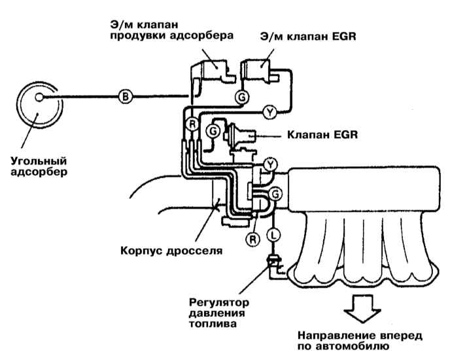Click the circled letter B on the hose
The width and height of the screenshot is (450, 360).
click(125, 96)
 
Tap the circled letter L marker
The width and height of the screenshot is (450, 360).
click(273, 236)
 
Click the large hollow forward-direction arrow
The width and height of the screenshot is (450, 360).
click(363, 308)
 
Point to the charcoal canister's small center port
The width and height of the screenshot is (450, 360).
click(39, 98)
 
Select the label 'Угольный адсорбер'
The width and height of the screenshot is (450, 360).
click(39, 166)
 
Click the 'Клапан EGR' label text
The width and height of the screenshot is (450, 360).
click(322, 135)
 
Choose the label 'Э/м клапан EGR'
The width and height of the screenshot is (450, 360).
click(308, 37)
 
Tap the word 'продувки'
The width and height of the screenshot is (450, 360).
click(137, 36)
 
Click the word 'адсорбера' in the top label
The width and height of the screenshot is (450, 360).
click(201, 36)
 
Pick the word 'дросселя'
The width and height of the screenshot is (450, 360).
click(194, 251)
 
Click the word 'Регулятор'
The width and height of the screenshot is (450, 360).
click(219, 302)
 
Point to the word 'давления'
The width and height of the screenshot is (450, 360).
click(217, 313)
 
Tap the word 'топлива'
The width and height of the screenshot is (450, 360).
click(213, 323)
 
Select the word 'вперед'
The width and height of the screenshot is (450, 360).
click(401, 336)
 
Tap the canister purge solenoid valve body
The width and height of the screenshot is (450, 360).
click(213, 73)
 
